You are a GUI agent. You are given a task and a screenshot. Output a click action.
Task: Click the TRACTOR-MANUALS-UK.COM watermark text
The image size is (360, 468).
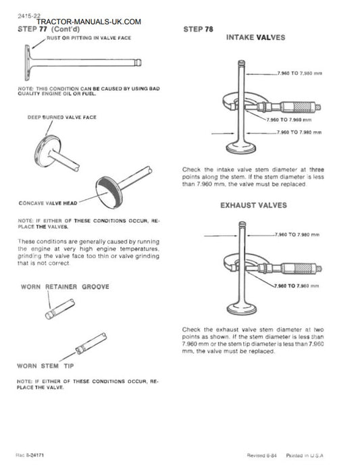89,22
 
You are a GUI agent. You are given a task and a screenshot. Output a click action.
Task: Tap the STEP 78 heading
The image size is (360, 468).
198,29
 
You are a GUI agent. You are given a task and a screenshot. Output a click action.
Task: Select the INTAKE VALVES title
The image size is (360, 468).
255,38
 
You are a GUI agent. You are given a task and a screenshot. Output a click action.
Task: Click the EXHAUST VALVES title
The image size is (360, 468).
253,205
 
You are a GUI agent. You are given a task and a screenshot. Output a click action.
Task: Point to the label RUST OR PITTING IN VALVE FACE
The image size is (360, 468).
89,38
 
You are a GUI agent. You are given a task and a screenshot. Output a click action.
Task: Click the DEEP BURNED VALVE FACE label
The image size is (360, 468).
61,118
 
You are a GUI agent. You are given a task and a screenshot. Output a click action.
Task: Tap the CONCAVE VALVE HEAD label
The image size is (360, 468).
48,203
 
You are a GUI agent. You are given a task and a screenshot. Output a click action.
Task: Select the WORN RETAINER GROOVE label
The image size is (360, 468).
65,287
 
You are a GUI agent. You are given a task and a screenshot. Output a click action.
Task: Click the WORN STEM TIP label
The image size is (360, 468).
45,366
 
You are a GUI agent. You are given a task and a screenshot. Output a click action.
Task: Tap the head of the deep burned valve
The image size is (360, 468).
47,151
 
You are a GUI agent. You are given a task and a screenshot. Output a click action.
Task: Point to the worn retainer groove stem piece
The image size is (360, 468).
60,309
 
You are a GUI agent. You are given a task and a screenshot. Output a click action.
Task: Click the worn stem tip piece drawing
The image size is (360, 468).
91,344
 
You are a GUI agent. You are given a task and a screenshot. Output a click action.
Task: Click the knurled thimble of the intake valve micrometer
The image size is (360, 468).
302,107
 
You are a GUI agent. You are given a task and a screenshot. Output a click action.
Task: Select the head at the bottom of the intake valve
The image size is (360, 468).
241,147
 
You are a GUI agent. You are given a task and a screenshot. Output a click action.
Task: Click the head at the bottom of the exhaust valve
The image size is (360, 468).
242,309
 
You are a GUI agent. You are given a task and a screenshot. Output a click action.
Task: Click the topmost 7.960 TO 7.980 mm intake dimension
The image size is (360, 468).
300,73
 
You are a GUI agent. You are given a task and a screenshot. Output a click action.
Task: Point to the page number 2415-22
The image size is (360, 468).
29,16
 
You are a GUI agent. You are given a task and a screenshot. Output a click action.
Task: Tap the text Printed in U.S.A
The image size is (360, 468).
305,455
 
